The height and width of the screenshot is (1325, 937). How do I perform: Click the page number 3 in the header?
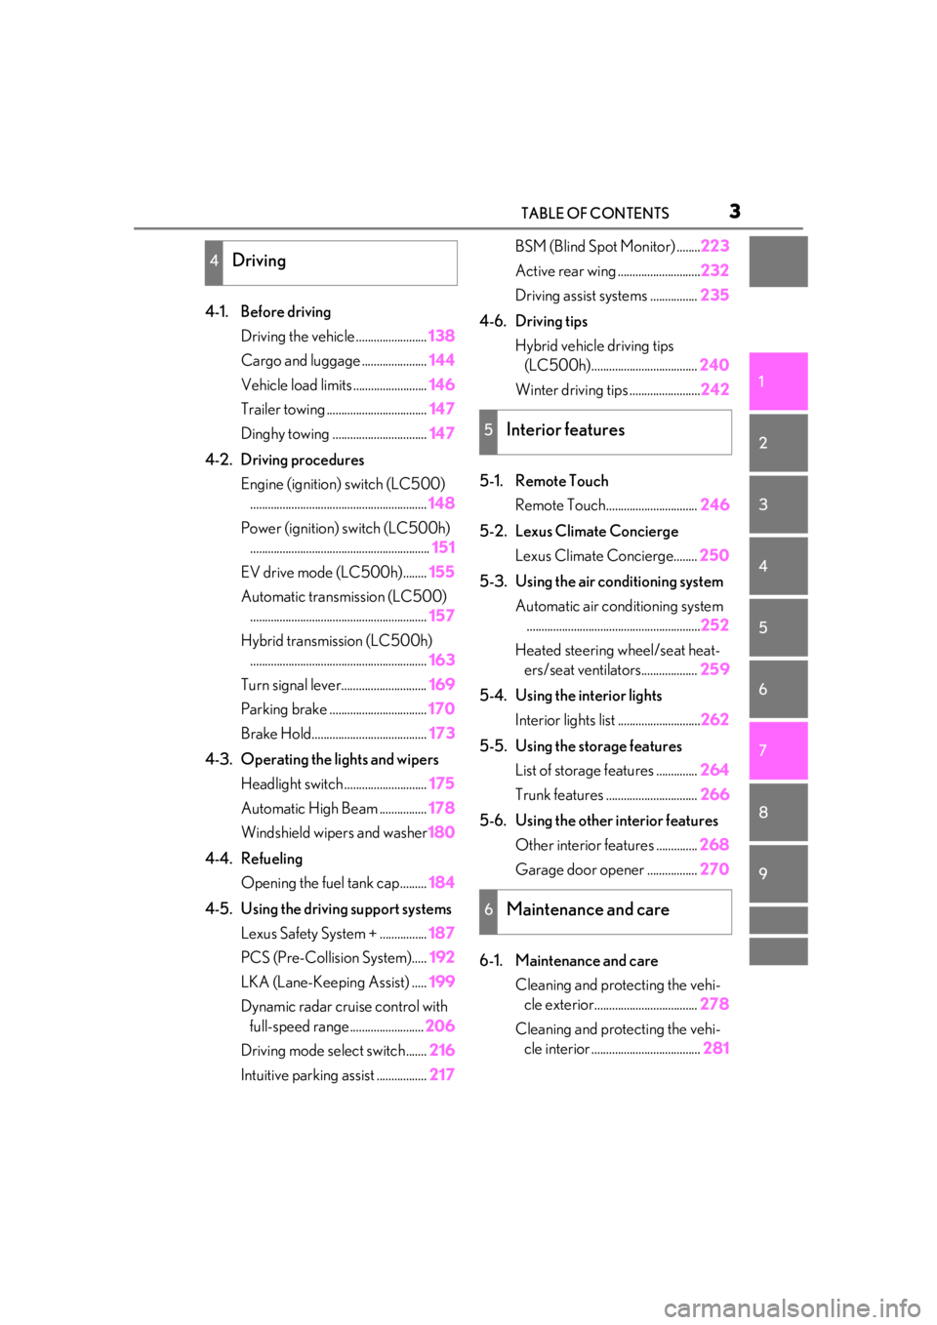734,211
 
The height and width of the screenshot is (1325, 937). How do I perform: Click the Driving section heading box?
331,262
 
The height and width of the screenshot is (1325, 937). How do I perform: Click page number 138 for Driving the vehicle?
441,336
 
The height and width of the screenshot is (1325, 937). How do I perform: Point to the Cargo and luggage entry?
301,361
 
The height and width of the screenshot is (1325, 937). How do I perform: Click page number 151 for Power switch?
443,547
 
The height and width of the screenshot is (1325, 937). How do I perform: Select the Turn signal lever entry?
291,685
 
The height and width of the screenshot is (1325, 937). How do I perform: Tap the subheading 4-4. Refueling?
254,859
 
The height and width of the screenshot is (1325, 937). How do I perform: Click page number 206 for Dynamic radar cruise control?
440,1025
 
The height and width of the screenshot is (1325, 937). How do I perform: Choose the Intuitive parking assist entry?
307,1075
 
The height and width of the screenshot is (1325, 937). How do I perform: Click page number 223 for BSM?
715,246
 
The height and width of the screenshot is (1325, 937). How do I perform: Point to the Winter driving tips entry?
571,390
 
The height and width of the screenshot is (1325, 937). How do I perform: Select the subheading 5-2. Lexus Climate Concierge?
579,531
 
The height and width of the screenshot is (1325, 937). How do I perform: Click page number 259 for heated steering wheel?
715,669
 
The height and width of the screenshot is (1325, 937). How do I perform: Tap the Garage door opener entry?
580,869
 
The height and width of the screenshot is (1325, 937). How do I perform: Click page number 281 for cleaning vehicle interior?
716,1048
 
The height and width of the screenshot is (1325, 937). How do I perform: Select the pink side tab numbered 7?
778,750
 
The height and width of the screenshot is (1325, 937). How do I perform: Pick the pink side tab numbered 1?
778,381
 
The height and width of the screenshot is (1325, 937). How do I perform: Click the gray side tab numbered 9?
778,873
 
